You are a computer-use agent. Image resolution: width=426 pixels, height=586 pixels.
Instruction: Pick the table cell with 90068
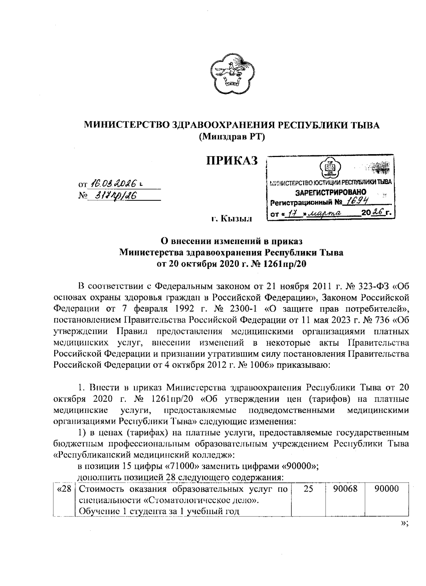pyautogui.click(x=345, y=489)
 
